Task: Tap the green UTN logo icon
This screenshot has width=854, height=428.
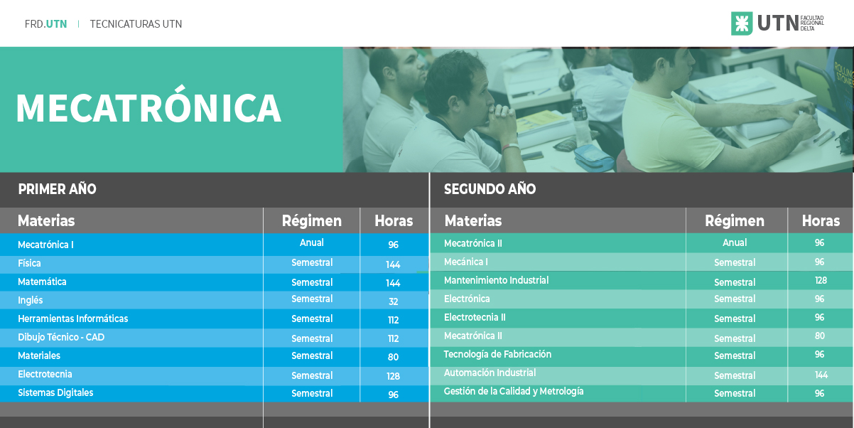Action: point(742,23)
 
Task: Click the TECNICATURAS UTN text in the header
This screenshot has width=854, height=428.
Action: point(136,24)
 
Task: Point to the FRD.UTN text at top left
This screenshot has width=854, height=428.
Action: point(45,24)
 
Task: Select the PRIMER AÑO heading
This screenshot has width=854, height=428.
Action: point(57,189)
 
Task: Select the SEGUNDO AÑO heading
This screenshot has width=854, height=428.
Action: point(490,189)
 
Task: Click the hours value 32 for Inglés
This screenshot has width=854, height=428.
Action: point(394,301)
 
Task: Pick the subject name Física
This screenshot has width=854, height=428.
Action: point(29,263)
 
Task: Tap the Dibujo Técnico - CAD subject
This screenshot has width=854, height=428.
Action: point(61,337)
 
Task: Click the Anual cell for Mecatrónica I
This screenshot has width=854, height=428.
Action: point(311,242)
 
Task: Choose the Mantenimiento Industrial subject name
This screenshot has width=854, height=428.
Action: point(496,280)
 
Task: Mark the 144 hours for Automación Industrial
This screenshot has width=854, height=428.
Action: point(821,375)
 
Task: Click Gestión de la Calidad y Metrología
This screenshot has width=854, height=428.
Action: point(514,391)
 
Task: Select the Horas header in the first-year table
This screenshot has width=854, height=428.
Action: point(394,221)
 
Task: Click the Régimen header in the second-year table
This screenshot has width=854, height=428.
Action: point(735,221)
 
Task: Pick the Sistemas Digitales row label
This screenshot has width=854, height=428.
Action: point(55,393)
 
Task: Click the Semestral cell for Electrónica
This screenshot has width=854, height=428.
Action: point(735,299)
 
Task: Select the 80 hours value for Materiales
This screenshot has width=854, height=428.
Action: point(393,357)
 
